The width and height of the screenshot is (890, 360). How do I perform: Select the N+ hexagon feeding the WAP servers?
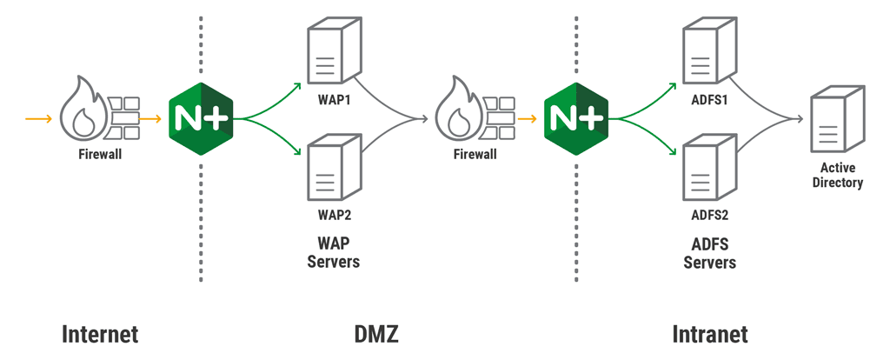(x=201, y=117)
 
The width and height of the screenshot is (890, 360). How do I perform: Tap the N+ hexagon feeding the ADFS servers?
(x=576, y=117)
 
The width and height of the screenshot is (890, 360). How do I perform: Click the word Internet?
(x=100, y=335)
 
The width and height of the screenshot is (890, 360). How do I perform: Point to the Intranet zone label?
(x=710, y=335)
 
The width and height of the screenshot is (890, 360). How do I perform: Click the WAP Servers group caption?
(x=333, y=252)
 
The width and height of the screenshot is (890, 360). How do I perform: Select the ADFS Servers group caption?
(x=710, y=253)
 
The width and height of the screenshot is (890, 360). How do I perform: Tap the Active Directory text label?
(x=837, y=175)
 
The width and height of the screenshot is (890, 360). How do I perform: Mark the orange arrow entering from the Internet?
(x=38, y=117)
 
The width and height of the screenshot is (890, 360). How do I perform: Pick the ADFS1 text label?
(x=710, y=98)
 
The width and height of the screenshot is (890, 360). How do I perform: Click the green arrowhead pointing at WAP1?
(x=297, y=84)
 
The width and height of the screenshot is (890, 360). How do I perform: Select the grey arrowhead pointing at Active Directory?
(x=797, y=118)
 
